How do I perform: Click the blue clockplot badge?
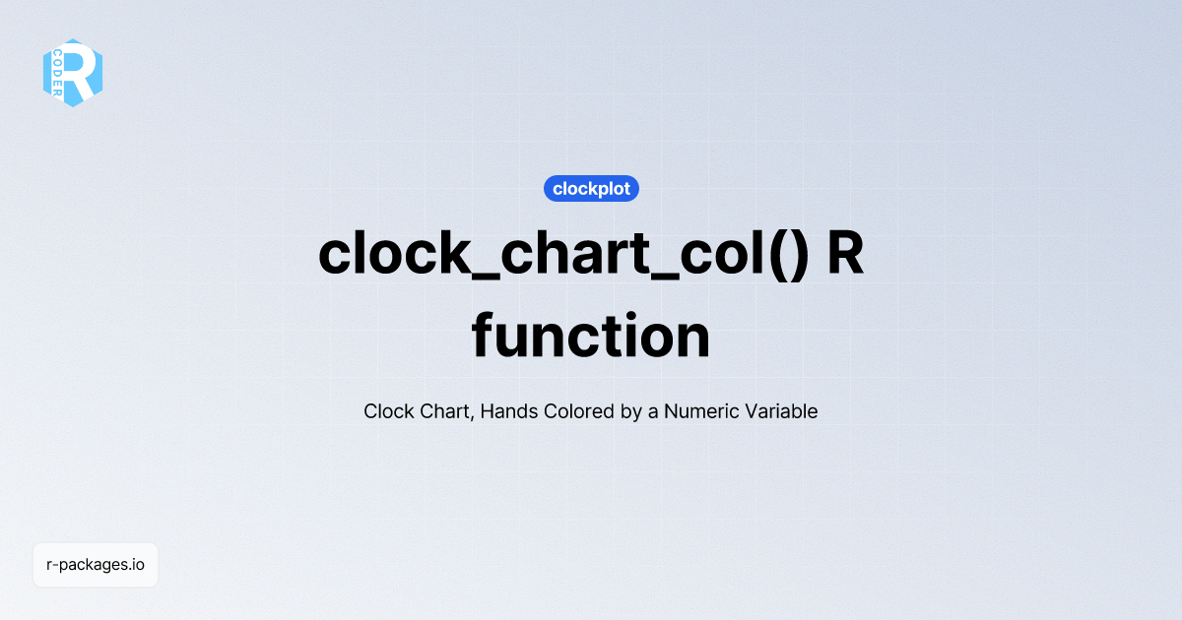591,188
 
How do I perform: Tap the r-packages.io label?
96,565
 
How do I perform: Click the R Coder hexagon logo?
73,73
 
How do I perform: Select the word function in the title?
591,337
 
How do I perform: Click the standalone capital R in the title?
845,255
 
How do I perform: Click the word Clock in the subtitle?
388,411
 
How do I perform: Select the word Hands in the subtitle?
511,411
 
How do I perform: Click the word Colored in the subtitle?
580,411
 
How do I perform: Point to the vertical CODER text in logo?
58,72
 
